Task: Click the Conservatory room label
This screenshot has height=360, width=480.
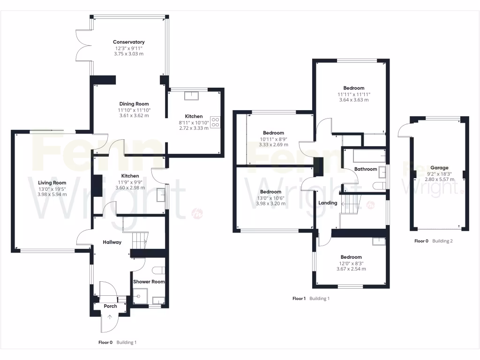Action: click(128, 42)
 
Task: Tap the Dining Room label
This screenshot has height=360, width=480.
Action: click(134, 104)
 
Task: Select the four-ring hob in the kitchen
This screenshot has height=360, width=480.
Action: click(216, 122)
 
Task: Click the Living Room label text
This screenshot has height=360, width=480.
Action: click(52, 183)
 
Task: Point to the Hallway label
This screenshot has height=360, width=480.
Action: click(112, 242)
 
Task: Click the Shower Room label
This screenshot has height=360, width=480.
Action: click(149, 282)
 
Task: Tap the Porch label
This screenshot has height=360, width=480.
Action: click(110, 306)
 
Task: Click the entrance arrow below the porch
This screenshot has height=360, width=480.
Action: click(110, 317)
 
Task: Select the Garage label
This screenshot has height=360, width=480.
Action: click(440, 168)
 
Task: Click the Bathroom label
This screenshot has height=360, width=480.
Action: click(366, 169)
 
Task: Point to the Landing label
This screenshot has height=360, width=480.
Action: click(328, 203)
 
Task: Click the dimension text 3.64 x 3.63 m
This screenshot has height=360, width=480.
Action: click(353, 100)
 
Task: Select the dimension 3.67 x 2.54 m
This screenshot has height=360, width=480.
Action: click(351, 269)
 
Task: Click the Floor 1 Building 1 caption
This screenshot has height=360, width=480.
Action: click(311, 299)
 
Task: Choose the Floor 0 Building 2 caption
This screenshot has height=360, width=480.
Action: click(433, 241)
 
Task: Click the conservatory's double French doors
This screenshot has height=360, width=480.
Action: click(83, 45)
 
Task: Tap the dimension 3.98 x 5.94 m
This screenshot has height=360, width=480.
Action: click(52, 195)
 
